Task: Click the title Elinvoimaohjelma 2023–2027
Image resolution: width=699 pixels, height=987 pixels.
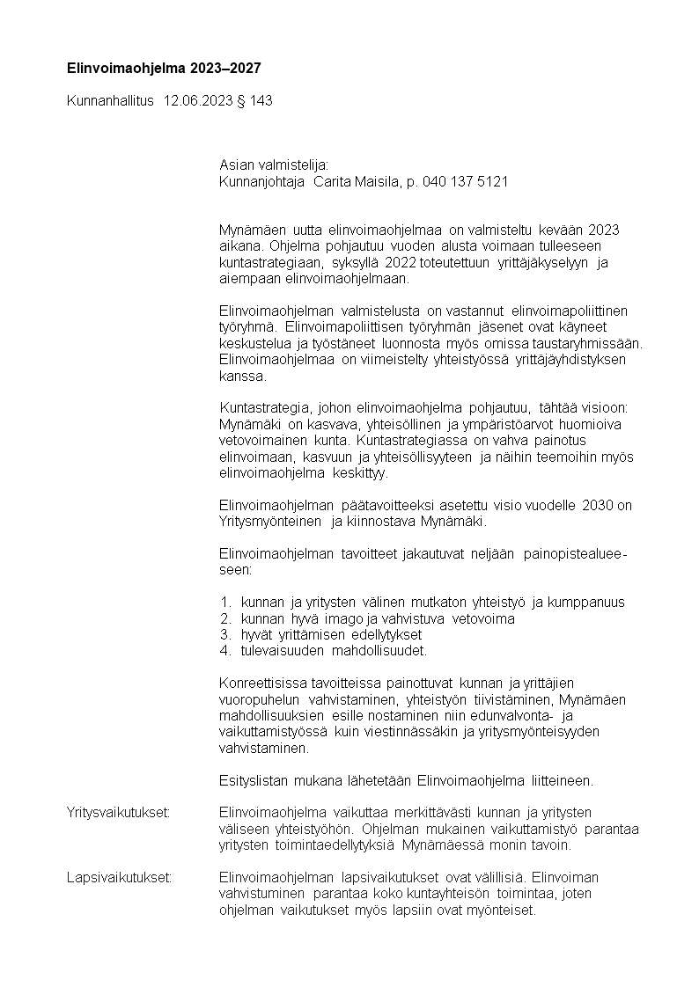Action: (164, 68)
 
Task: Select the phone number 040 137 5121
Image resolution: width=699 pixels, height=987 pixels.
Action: (466, 182)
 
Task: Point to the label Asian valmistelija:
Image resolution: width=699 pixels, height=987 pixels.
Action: (273, 165)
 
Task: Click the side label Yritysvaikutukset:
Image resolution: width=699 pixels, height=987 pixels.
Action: (118, 812)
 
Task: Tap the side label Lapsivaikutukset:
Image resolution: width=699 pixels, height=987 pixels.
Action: (119, 877)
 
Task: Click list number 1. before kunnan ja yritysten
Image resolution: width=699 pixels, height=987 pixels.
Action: (225, 603)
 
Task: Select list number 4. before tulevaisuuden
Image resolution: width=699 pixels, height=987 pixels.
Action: (225, 651)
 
